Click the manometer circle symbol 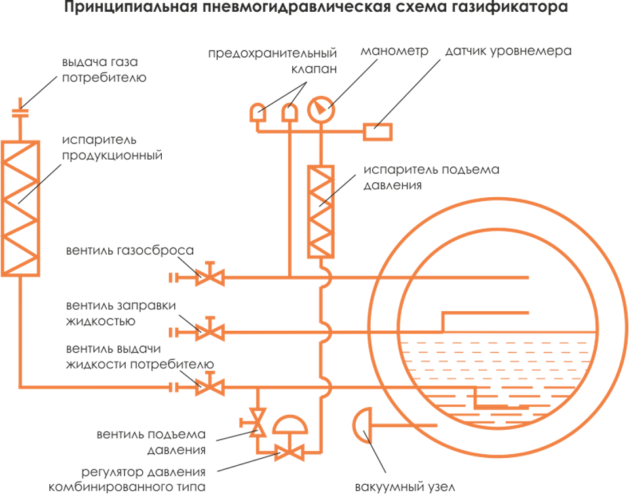pyautogui.click(x=321, y=109)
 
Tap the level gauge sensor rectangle pyautogui.click(x=379, y=131)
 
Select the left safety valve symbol pyautogui.click(x=257, y=113)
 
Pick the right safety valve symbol pyautogui.click(x=289, y=113)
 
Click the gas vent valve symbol pyautogui.click(x=210, y=276)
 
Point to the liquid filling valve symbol pyautogui.click(x=210, y=332)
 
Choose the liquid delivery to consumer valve pyautogui.click(x=210, y=387)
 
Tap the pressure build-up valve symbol pyautogui.click(x=257, y=422)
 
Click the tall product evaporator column pyautogui.click(x=20, y=206)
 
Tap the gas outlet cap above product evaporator pyautogui.click(x=20, y=112)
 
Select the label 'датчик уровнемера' pyautogui.click(x=508, y=52)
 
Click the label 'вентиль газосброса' pyautogui.click(x=130, y=251)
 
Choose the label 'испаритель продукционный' pyautogui.click(x=111, y=148)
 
